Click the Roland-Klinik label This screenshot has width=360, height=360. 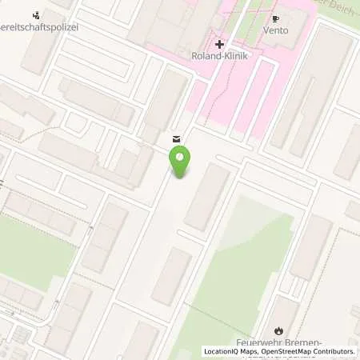pyautogui.click(x=220, y=56)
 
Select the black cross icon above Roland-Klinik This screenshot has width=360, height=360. pyautogui.click(x=219, y=43)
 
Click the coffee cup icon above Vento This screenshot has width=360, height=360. pyautogui.click(x=276, y=18)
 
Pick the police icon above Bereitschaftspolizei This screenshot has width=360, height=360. pyautogui.click(x=35, y=14)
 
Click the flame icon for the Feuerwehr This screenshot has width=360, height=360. pyautogui.click(x=278, y=330)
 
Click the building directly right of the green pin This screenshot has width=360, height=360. pyautogui.click(x=206, y=195)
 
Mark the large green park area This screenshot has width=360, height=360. pyautogui.click(x=240, y=272)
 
